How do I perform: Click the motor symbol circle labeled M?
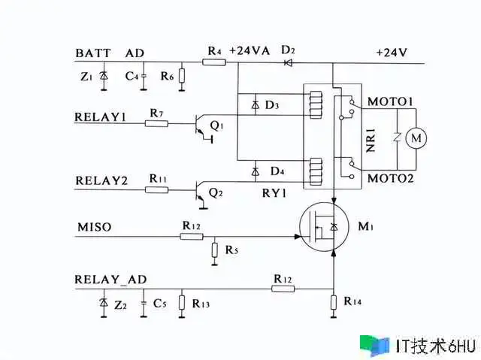(x=414, y=138)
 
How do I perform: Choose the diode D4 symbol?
(x=257, y=170)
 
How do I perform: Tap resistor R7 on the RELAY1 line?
(x=156, y=123)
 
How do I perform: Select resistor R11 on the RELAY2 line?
(x=156, y=189)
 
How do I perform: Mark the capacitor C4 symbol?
(x=143, y=77)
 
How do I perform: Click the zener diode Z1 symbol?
(x=104, y=77)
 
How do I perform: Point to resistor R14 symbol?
(x=333, y=302)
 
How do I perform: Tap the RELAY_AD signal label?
(x=110, y=279)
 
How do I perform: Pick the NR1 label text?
(x=371, y=140)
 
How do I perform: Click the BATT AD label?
(x=110, y=53)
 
